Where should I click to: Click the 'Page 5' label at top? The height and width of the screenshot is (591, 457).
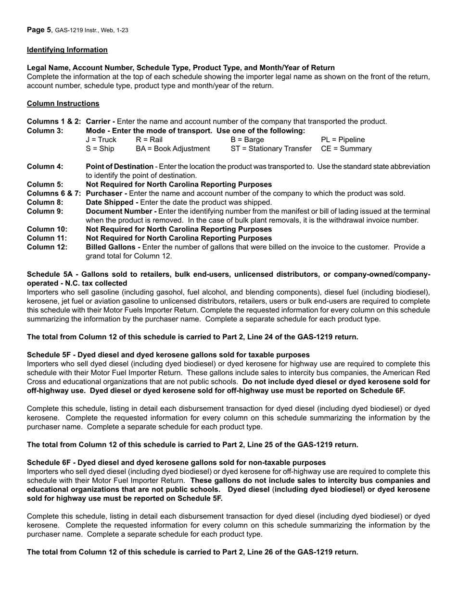tap(39, 30)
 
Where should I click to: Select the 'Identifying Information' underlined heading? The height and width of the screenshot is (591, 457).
tap(67, 50)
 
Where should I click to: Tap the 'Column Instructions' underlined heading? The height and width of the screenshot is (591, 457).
tap(63, 103)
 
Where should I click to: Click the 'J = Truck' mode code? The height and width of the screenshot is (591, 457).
tap(101, 140)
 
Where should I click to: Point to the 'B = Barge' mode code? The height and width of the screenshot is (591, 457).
tap(247, 140)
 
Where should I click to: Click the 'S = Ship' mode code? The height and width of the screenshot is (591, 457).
tap(100, 149)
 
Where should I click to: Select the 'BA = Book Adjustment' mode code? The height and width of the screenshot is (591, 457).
tap(173, 149)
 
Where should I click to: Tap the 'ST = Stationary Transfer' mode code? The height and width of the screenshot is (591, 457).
tap(271, 149)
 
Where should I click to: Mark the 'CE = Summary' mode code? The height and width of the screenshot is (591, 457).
tap(346, 149)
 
